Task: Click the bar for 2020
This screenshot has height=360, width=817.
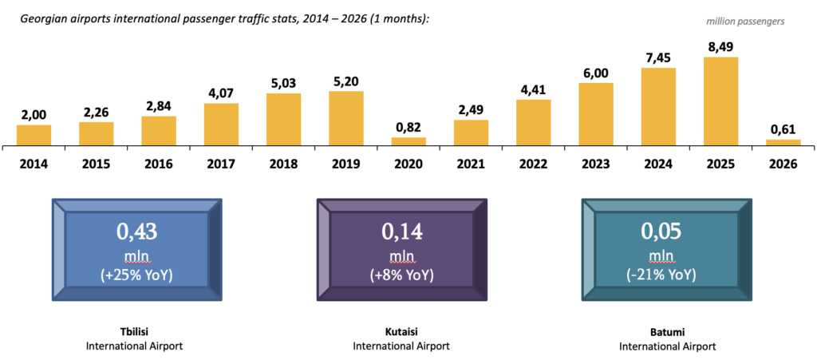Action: point(408,141)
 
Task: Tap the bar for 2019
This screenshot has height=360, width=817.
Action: point(346,118)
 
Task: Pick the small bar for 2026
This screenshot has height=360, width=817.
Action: point(783,143)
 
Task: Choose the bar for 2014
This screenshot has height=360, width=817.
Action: point(34,135)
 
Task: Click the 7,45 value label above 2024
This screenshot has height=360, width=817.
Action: point(658,57)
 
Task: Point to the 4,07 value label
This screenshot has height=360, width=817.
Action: point(221,93)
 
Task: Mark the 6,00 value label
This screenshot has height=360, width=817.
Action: point(596,73)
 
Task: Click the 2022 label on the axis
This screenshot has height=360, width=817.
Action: point(533,164)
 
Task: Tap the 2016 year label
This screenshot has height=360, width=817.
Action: point(159,164)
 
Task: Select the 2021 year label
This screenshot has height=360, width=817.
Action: point(471,164)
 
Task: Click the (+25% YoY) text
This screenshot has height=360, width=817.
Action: point(136,275)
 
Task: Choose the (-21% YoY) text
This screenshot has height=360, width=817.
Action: point(667,275)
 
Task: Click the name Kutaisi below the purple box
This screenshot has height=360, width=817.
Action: point(401,330)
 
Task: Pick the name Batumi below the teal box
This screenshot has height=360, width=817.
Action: point(667,330)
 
